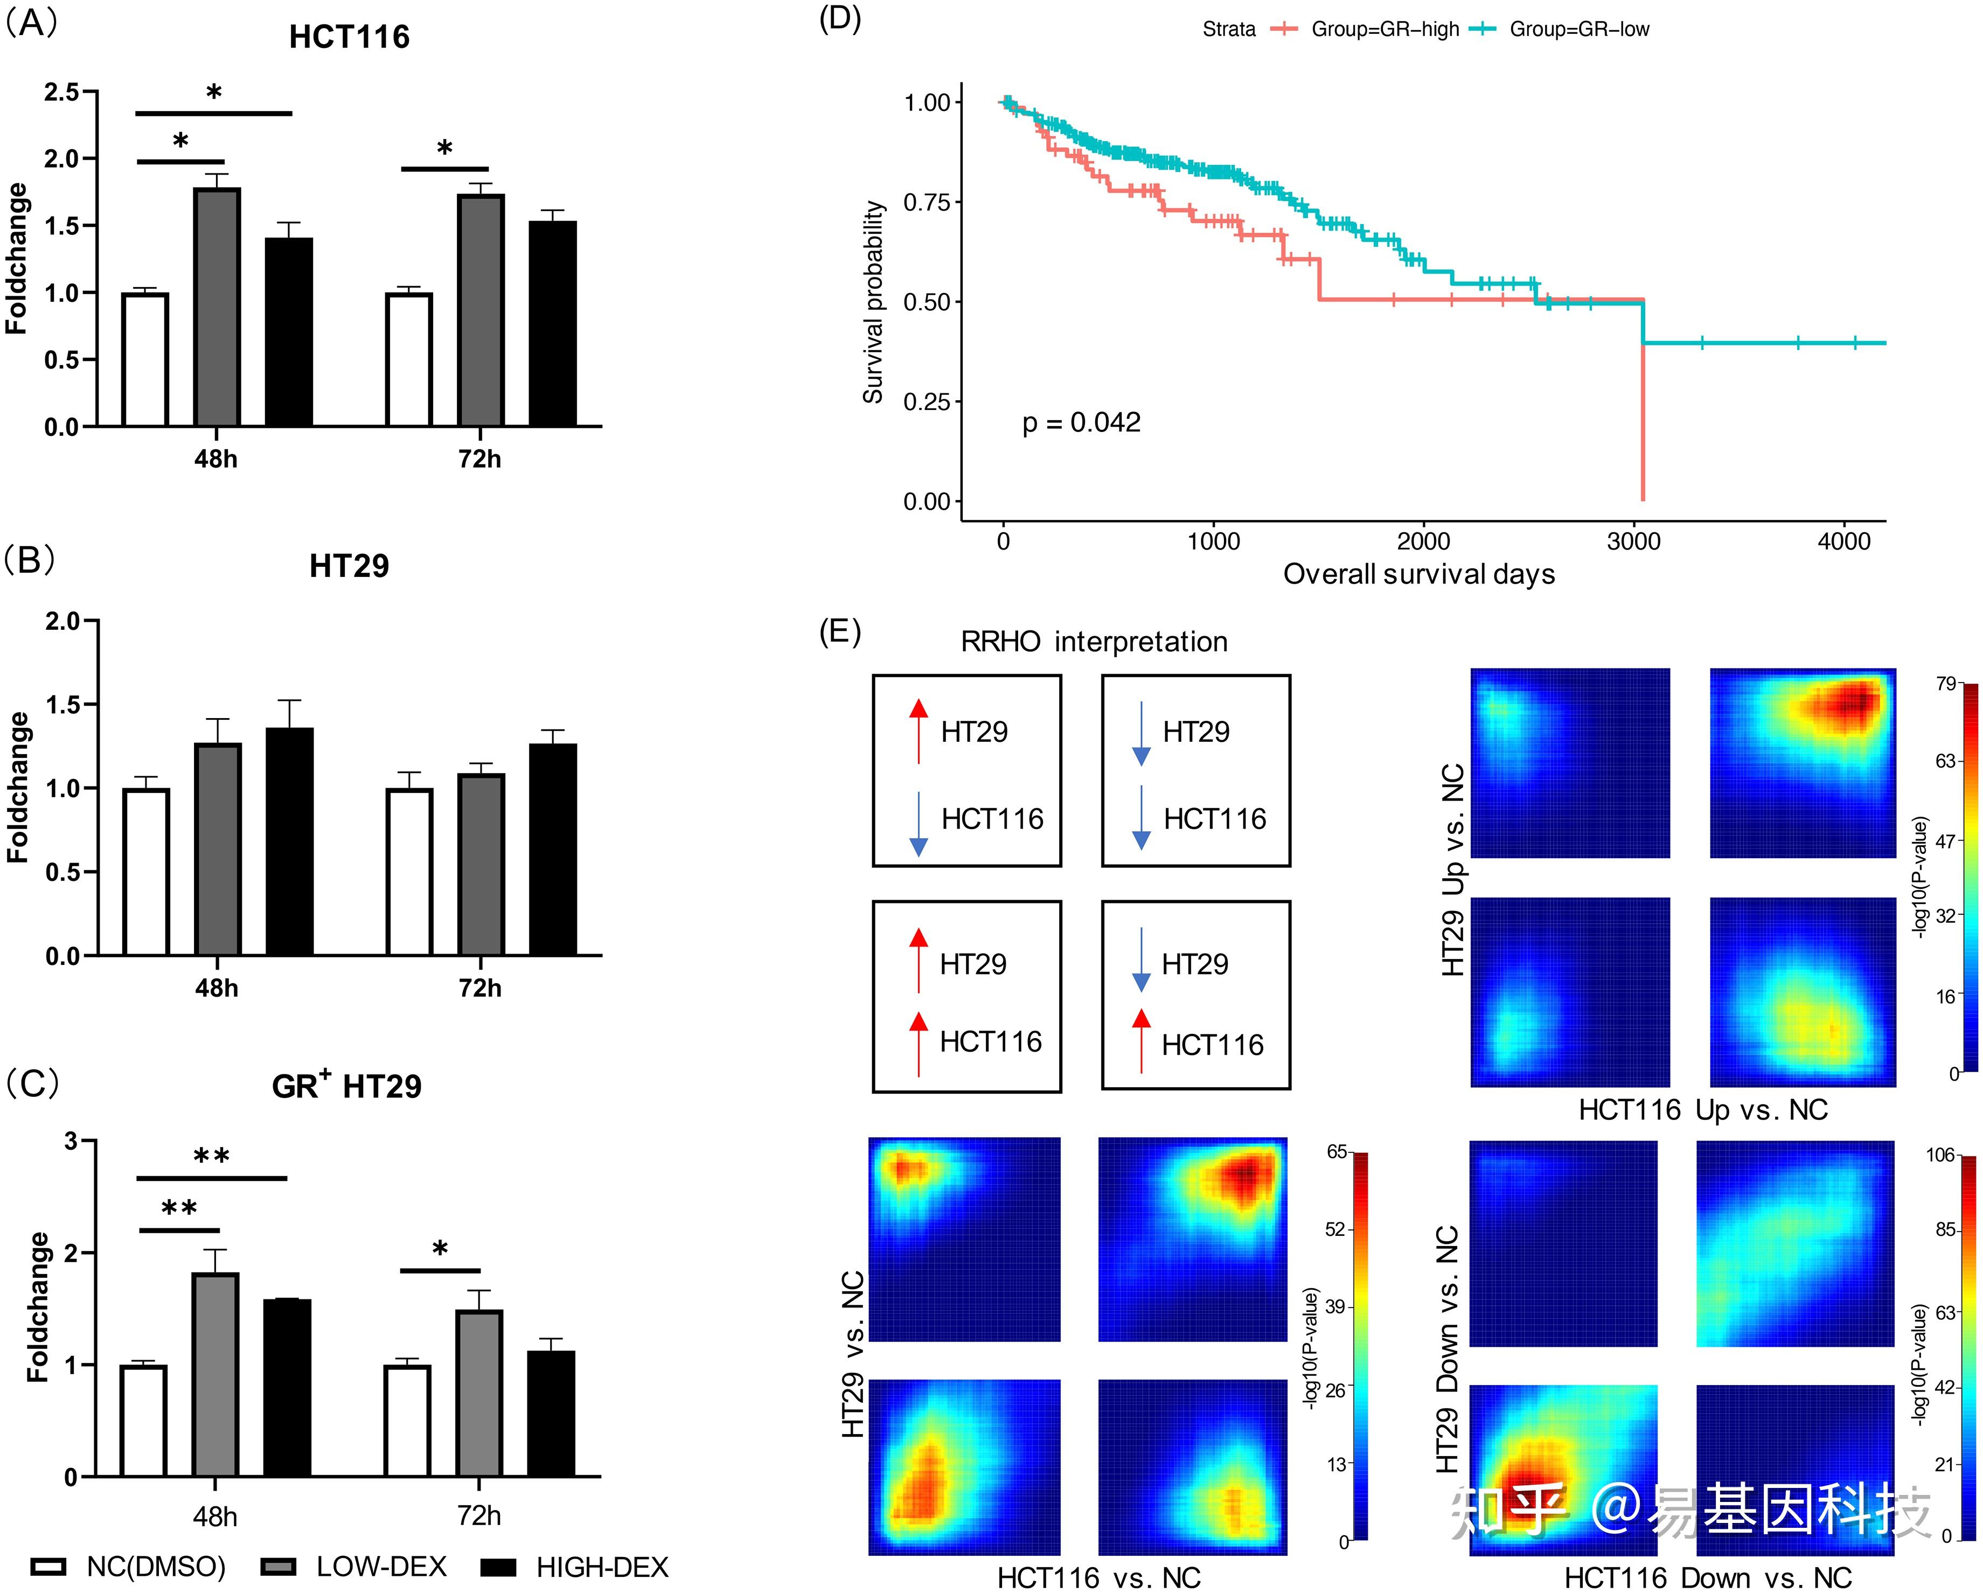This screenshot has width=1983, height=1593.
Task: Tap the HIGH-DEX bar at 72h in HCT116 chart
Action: coord(553,324)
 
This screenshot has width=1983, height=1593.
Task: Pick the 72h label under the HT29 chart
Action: coord(480,988)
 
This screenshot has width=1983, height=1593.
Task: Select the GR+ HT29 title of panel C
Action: coord(347,1086)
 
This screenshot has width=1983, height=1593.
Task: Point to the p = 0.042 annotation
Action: coord(1082,422)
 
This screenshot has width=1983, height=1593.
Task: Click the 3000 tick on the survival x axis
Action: coord(1633,541)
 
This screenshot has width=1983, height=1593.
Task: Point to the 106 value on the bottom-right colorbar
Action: coord(1940,1155)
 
